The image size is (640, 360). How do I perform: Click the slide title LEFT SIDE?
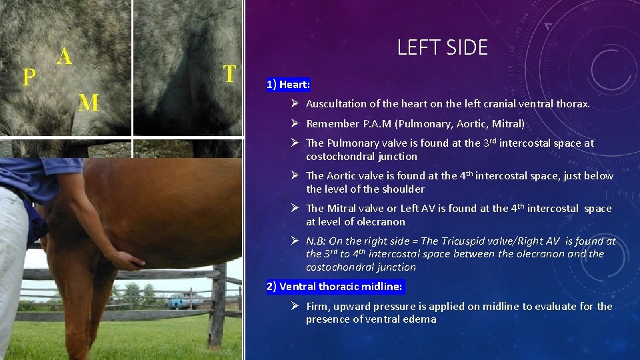[442, 47]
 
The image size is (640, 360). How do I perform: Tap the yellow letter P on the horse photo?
[29, 77]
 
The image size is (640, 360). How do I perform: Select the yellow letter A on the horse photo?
[64, 56]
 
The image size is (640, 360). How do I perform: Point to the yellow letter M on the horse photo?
[89, 103]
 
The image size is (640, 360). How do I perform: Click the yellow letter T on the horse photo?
[229, 73]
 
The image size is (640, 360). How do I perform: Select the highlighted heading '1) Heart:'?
[288, 85]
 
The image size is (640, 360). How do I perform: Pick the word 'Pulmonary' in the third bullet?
[350, 143]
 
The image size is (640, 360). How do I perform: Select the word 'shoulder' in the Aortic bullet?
[403, 189]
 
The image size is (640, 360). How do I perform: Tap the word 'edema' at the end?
[421, 319]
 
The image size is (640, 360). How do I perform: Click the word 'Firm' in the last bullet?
[318, 307]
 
